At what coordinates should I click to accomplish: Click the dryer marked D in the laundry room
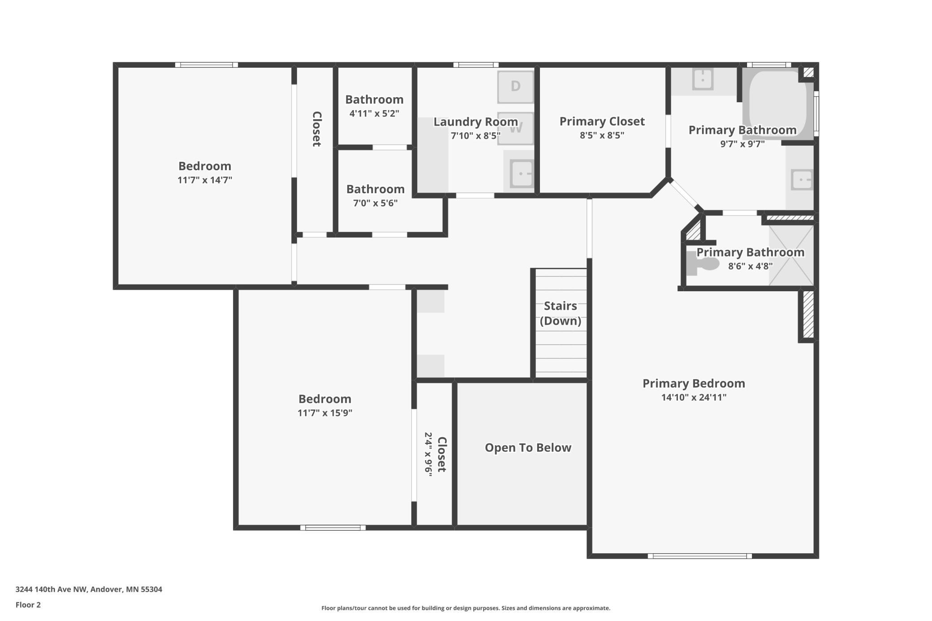(515, 86)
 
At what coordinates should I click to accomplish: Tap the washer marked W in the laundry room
(515, 128)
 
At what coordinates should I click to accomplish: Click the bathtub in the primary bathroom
(777, 103)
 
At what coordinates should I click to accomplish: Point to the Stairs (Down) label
(561, 313)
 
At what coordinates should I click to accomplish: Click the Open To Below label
(528, 448)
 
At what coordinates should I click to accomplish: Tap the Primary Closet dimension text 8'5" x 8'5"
(602, 135)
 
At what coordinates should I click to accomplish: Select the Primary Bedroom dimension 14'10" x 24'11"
(694, 397)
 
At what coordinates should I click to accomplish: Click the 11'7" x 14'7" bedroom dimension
(205, 180)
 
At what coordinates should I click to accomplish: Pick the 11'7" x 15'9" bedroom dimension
(325, 413)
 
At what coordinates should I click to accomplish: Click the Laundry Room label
(475, 122)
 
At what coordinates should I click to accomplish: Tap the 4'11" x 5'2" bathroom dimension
(374, 113)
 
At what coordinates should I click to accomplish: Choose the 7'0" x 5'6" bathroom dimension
(375, 203)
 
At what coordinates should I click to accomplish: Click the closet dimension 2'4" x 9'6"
(429, 454)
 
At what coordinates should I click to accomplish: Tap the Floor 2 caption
(28, 605)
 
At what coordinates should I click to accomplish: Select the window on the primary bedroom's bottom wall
(699, 556)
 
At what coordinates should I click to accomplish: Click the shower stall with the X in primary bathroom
(791, 255)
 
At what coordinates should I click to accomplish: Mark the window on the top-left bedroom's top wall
(207, 65)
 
